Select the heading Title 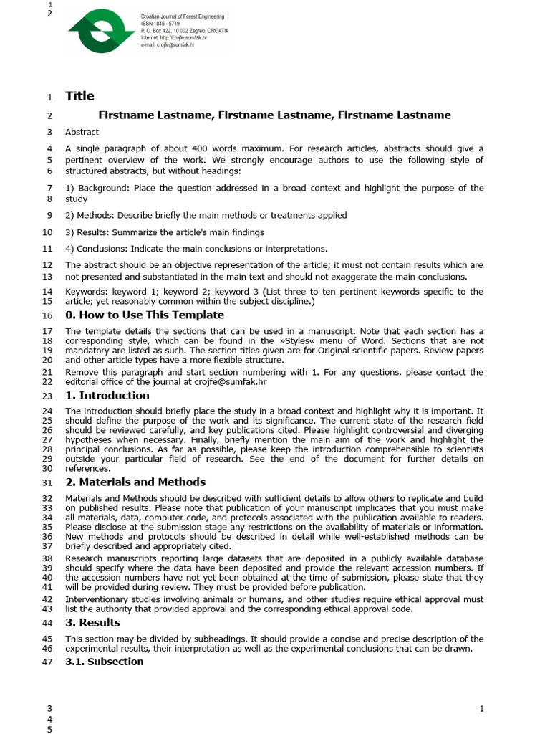tap(79, 96)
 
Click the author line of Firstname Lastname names tap(274, 115)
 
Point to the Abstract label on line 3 tap(82, 132)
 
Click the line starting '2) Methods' tap(206, 215)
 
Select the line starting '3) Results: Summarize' tap(165, 232)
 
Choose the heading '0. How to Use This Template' tap(145, 315)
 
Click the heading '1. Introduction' tap(107, 395)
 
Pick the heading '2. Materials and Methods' tap(135, 482)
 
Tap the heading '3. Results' tap(94, 622)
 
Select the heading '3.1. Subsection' tap(105, 661)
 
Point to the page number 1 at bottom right tap(482, 709)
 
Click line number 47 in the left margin tap(47, 662)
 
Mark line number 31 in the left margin tap(47, 482)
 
